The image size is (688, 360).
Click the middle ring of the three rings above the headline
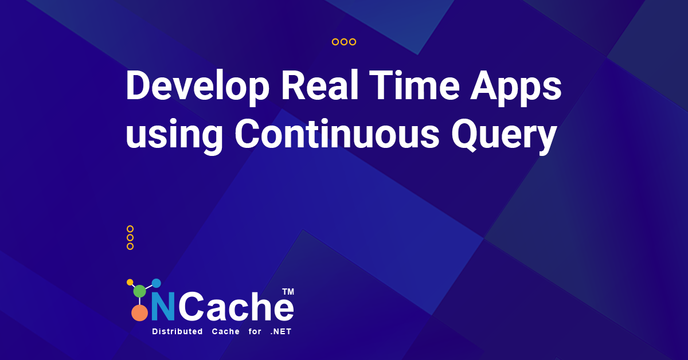344,42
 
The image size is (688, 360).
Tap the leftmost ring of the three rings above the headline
335,42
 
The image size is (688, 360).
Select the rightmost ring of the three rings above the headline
353,42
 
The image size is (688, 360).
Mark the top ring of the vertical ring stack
130,229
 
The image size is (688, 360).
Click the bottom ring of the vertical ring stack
130,246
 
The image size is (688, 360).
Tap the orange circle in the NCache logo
139,312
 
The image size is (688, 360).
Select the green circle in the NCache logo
140,291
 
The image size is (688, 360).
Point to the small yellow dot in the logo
130,282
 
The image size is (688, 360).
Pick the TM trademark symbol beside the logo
288,292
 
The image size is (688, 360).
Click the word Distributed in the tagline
177,332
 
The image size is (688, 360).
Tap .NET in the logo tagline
281,332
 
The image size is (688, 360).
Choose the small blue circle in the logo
156,283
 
